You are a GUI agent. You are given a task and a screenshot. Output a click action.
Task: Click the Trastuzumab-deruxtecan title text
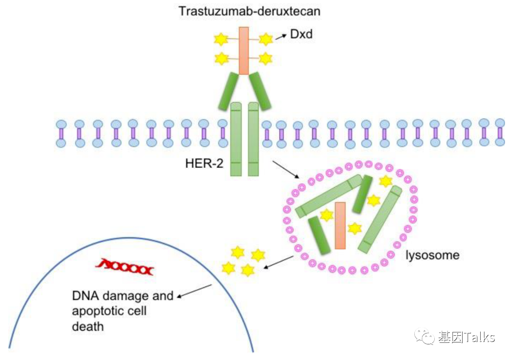249,10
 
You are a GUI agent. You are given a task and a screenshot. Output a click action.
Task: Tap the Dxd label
301,34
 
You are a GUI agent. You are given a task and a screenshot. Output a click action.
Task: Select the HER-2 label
204,164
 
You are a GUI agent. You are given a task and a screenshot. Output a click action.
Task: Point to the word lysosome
432,255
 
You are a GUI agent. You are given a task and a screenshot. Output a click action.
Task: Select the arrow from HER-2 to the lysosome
286,170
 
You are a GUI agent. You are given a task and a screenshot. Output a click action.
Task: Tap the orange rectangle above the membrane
244,50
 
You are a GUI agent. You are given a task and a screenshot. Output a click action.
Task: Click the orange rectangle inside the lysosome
340,225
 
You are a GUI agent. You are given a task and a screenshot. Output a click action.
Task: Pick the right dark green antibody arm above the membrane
260,91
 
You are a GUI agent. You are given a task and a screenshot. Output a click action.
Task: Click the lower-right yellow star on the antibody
265,58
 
